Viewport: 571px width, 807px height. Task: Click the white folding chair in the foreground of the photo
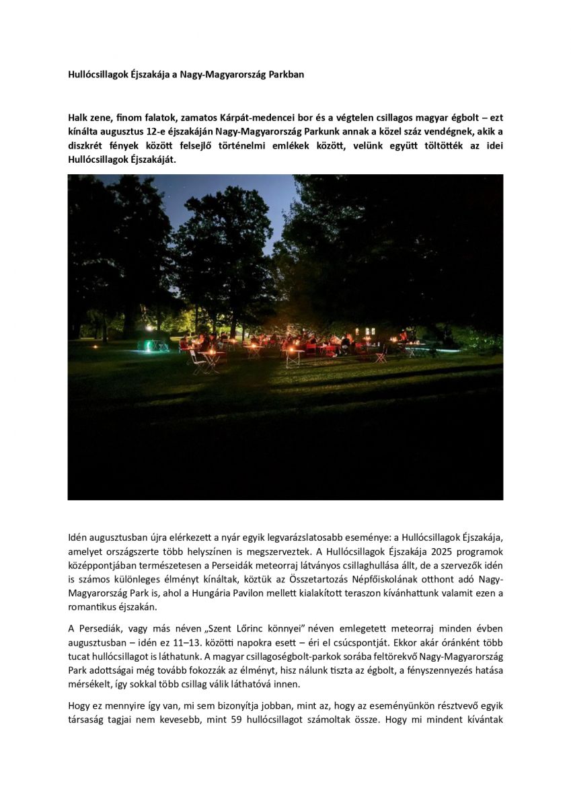click(x=197, y=363)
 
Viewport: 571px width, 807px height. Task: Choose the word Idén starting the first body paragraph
click(x=77, y=539)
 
